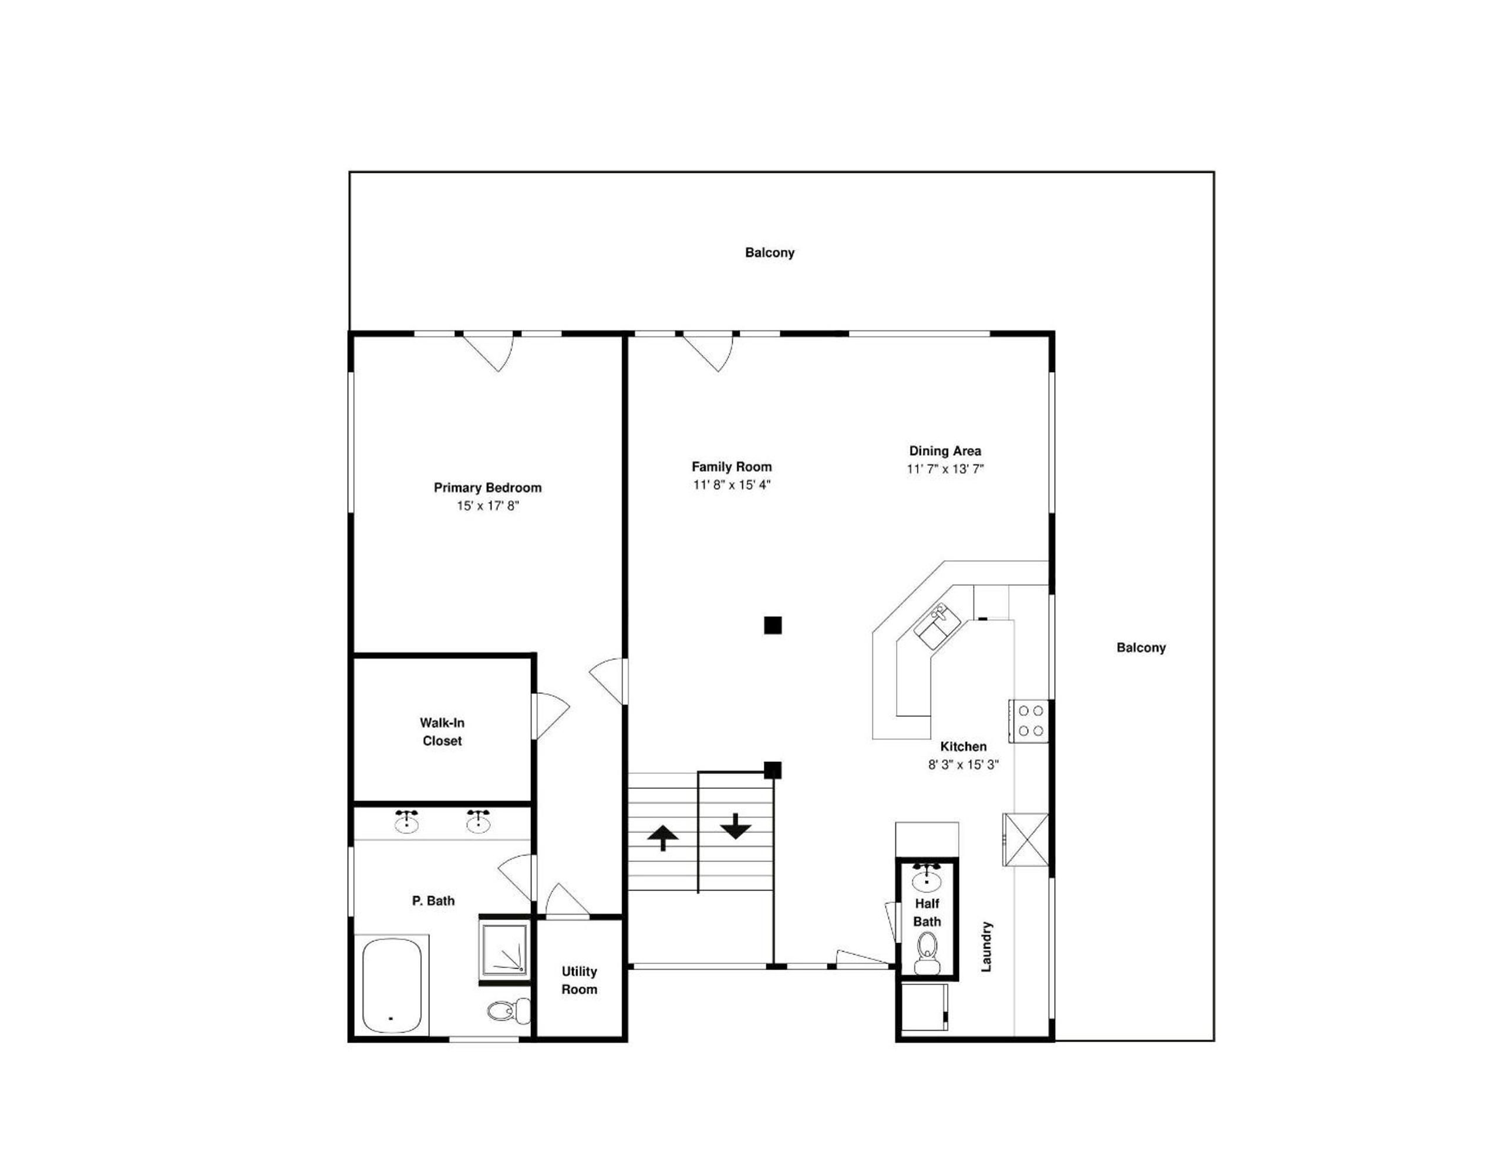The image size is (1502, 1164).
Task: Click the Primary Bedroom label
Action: [487, 487]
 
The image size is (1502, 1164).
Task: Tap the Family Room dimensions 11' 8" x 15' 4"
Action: [732, 485]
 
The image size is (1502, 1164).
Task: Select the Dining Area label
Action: [945, 451]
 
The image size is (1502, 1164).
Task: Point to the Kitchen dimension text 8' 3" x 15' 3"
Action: [964, 764]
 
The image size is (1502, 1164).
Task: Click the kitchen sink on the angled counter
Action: [937, 626]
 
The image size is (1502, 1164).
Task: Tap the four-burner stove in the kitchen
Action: [1029, 721]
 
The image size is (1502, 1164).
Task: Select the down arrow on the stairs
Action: [736, 826]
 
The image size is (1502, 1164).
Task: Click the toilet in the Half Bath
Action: [928, 954]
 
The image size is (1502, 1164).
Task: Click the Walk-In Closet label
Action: [442, 731]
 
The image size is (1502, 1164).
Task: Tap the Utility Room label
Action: [579, 980]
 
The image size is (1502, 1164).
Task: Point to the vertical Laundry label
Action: [986, 947]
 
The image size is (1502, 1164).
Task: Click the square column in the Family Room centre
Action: [773, 625]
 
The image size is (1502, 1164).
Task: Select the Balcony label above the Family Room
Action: [770, 253]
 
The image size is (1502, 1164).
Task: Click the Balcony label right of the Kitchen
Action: [1141, 647]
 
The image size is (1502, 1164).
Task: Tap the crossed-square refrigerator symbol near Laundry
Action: [1025, 839]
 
